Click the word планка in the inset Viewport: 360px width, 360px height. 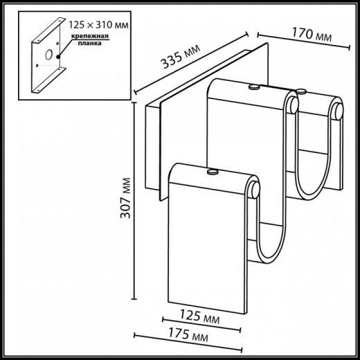click(x=89, y=43)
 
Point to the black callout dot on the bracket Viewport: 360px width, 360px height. click(x=60, y=55)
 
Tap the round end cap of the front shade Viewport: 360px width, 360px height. click(x=255, y=188)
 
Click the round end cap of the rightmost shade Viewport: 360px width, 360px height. click(x=337, y=110)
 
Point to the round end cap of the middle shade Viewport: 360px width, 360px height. click(x=296, y=105)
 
